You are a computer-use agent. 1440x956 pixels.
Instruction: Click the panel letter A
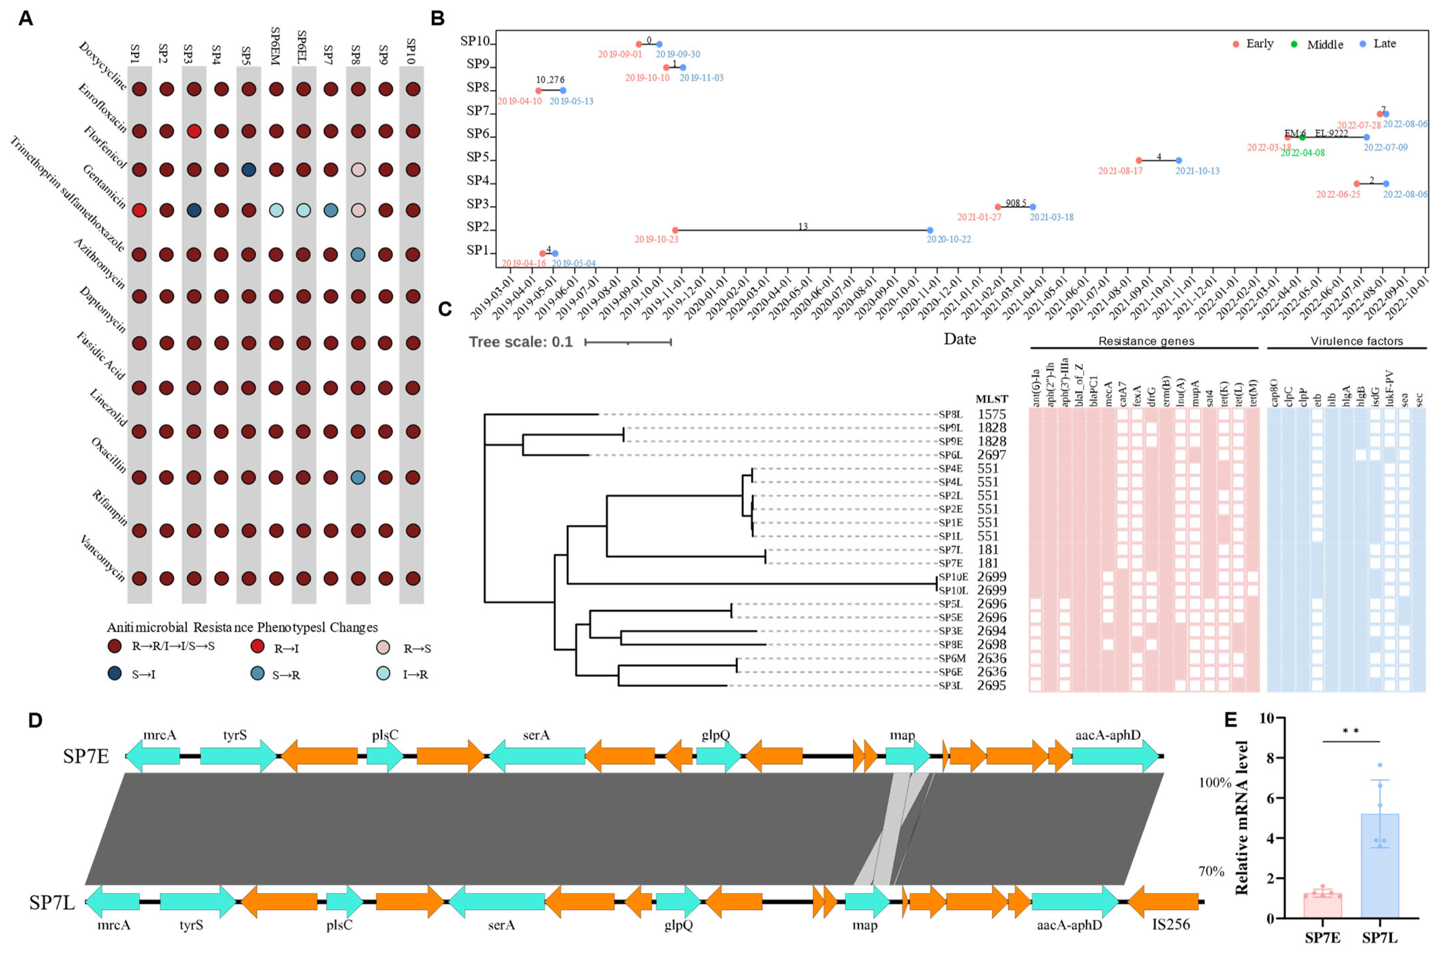tap(25, 18)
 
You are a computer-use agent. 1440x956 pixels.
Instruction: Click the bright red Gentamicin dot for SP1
tap(139, 211)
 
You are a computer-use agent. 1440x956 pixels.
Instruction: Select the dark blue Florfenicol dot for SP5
tap(248, 170)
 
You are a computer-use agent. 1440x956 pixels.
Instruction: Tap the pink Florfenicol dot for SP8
tap(358, 170)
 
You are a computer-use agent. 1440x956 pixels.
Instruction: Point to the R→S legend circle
tap(383, 648)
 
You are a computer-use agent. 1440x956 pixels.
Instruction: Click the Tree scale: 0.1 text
tap(520, 342)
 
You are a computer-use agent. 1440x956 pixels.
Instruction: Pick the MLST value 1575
tap(991, 415)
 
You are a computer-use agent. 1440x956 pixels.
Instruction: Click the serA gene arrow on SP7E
tap(537, 756)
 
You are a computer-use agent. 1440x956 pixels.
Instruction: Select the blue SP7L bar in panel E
tap(1380, 866)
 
